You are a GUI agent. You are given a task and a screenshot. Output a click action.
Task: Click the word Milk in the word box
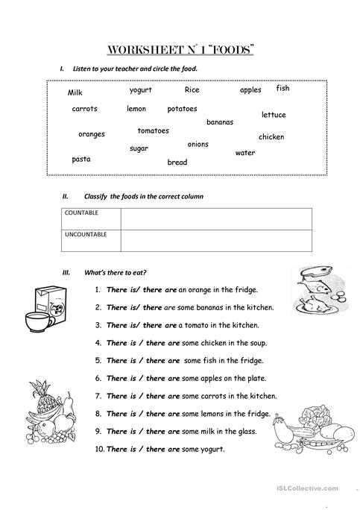click(75, 92)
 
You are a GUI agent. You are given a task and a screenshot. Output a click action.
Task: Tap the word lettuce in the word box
click(274, 115)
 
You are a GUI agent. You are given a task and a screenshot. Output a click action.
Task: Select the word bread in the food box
click(177, 162)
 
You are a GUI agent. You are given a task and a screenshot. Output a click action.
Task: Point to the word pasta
click(81, 159)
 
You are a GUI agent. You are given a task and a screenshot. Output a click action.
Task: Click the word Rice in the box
click(192, 89)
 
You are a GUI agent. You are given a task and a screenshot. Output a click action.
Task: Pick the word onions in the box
click(198, 144)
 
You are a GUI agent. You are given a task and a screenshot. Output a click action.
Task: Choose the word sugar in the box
click(139, 148)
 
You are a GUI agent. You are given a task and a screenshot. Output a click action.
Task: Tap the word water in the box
click(245, 153)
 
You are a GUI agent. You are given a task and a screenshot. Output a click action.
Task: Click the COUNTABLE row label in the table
click(82, 212)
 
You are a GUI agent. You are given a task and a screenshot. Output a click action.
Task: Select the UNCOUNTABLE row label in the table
click(86, 234)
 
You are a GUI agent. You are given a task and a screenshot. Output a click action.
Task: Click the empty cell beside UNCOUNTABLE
click(215, 240)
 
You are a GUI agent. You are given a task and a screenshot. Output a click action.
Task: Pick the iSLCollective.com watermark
click(317, 488)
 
